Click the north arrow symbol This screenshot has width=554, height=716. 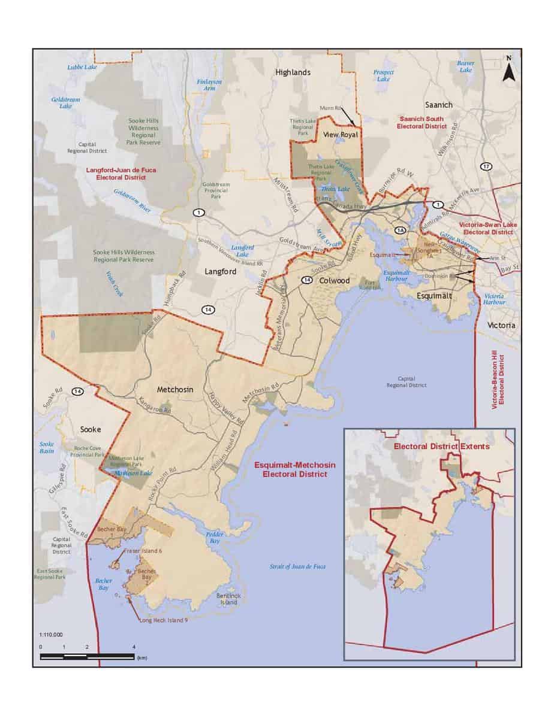point(508,71)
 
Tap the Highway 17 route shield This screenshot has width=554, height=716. point(486,166)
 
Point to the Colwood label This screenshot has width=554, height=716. point(335,280)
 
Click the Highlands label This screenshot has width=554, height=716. point(293,72)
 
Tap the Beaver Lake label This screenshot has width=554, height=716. point(465,66)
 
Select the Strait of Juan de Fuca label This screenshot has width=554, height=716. point(298,566)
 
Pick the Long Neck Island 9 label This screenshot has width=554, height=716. point(163,620)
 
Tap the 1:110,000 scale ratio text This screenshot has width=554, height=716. point(51,634)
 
